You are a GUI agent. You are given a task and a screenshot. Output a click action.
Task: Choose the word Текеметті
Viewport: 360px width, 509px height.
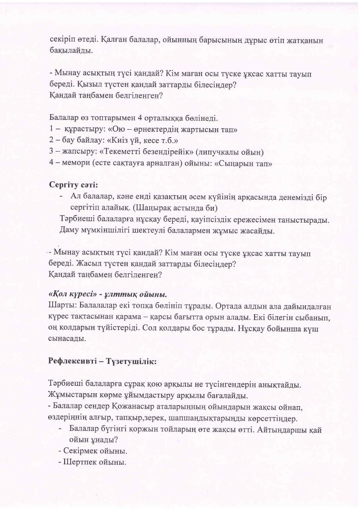pyautogui.click(x=118, y=152)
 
